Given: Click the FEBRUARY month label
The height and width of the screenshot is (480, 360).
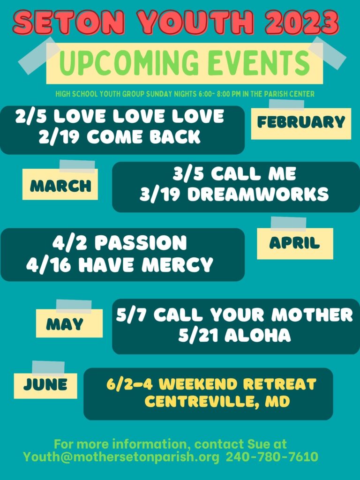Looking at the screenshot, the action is tap(301, 122).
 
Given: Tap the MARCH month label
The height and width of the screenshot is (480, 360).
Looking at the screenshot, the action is tap(60, 186).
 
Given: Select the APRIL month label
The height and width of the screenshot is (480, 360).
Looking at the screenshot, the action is tap(294, 243).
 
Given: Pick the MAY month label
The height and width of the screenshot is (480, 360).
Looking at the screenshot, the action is tap(65, 324).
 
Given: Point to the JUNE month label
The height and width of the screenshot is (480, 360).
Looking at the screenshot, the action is tap(45, 384).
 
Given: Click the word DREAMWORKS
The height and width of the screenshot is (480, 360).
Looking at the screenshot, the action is tap(258, 195).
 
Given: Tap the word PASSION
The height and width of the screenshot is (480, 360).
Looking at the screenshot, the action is tap(141, 243).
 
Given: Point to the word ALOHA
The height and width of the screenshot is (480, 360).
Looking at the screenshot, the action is tap(258, 335).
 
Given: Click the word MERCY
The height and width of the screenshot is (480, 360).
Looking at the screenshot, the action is tap(177, 264).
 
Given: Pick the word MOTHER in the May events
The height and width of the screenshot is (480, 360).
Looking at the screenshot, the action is tap(312, 315).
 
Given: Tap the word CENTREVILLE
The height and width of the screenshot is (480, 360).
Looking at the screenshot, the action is tap(199, 401).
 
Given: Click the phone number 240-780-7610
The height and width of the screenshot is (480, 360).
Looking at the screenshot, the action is tap(272, 457).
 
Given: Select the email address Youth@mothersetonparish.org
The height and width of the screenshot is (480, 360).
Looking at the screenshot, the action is tap(121, 457).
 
